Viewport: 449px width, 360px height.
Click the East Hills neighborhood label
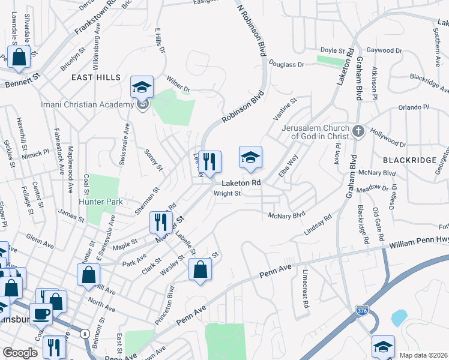click(96, 77)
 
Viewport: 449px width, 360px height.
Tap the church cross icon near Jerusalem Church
click(358, 131)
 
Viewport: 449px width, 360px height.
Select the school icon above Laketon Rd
click(251, 157)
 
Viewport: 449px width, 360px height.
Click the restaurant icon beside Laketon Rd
click(209, 161)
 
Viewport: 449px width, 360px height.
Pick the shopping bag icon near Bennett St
click(19, 57)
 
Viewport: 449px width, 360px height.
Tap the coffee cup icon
click(42, 313)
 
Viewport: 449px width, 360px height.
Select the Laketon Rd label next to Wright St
click(241, 182)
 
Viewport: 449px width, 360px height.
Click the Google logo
click(20, 353)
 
